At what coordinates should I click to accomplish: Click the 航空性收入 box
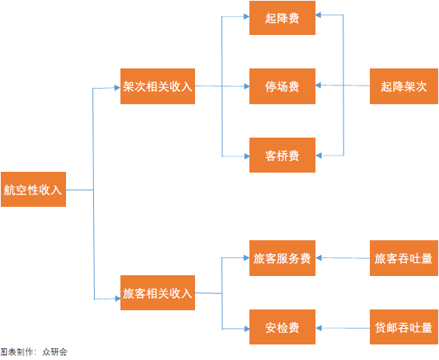point(33,189)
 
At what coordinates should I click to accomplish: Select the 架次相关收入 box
point(158,86)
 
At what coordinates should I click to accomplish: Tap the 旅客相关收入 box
point(158,294)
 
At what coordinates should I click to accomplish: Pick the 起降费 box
point(282,18)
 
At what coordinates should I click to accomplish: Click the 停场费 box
point(282,86)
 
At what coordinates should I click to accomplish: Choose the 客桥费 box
point(282,155)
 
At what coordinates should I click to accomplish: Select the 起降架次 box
point(403,86)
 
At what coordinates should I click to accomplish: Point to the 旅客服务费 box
point(282,258)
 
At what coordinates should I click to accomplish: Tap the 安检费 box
point(282,327)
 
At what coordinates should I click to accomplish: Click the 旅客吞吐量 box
point(403,258)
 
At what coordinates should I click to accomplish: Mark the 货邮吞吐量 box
point(403,327)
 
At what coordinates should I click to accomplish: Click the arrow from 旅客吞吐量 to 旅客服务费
point(343,258)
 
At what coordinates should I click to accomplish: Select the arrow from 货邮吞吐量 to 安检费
point(343,327)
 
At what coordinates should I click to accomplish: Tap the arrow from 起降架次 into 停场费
point(343,86)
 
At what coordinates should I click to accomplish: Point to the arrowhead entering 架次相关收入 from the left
point(117,87)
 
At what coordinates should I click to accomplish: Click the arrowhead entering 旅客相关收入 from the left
point(117,299)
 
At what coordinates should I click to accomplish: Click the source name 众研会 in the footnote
point(55,352)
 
